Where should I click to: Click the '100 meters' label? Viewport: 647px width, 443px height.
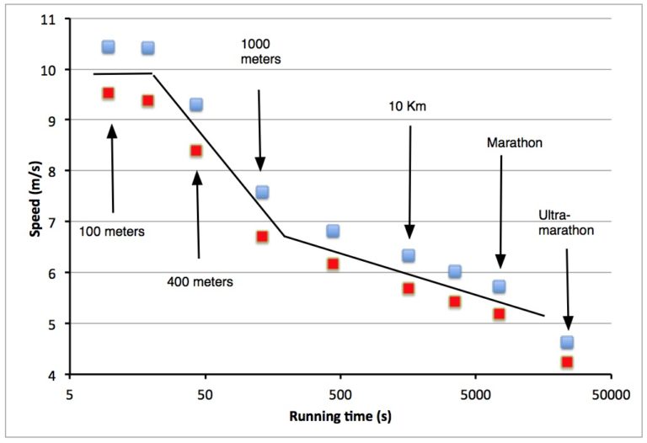[111, 230]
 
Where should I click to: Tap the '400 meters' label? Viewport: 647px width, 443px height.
[200, 281]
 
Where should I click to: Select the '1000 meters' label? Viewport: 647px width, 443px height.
[260, 51]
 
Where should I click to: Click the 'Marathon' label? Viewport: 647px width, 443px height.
[514, 142]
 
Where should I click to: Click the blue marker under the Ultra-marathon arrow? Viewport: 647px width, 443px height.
[567, 342]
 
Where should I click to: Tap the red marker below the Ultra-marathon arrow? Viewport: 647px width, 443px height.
[567, 362]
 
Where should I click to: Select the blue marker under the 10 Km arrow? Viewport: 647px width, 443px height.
[409, 255]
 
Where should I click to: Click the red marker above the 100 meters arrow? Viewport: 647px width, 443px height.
[108, 93]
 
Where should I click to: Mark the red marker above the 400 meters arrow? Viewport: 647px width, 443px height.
[196, 151]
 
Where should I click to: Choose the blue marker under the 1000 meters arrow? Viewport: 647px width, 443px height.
[262, 192]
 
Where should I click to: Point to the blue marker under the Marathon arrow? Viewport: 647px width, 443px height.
[499, 286]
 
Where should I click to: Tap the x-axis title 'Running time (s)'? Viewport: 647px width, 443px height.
[340, 416]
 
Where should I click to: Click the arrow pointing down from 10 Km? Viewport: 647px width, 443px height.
[409, 182]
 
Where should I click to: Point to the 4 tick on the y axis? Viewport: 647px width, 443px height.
[54, 375]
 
